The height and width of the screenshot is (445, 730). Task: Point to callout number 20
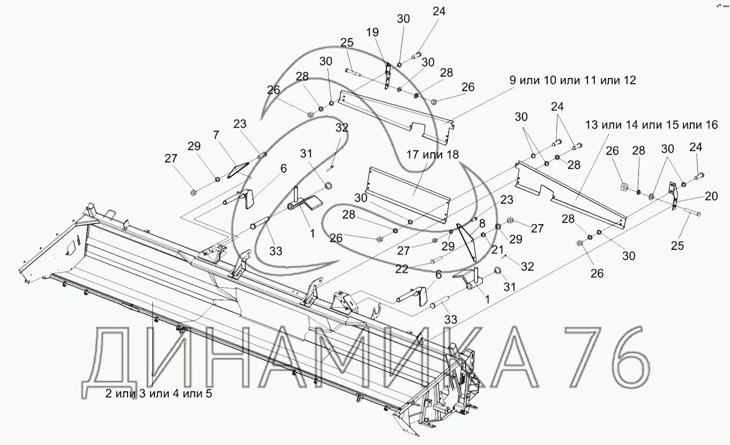click(x=711, y=197)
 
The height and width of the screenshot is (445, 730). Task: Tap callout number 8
click(x=482, y=224)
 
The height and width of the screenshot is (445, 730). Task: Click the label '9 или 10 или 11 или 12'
click(x=572, y=81)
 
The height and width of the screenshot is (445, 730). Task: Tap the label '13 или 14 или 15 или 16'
click(x=651, y=125)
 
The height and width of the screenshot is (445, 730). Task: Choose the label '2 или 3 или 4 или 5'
click(x=159, y=394)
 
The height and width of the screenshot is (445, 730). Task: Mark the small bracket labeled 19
click(x=387, y=75)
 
